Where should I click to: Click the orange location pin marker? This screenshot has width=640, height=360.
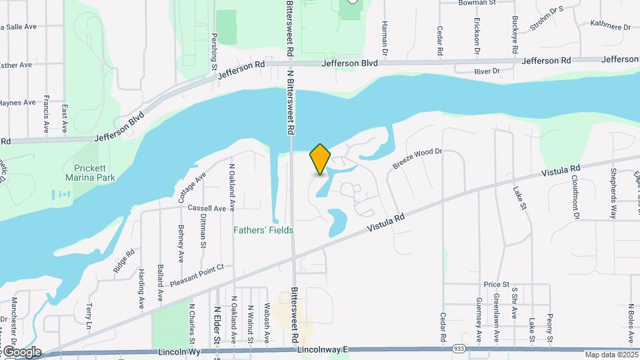pos(321,159)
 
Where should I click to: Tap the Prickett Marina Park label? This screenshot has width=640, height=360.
pos(91,173)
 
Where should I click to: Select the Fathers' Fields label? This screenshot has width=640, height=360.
pos(263,231)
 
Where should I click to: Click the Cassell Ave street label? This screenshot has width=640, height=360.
pos(207,208)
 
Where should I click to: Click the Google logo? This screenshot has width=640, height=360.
pos(21,352)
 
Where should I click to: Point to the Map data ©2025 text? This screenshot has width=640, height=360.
pos(611,355)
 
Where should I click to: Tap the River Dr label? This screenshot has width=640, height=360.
pos(487,71)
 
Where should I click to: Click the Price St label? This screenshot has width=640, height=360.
pos(497,284)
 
